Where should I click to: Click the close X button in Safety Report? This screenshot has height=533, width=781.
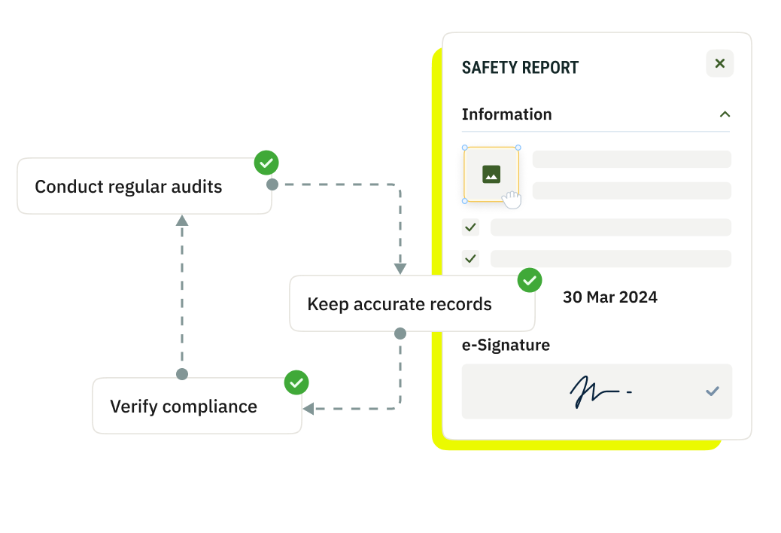719,64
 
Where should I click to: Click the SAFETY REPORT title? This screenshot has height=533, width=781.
520,68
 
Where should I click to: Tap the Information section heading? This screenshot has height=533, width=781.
506,114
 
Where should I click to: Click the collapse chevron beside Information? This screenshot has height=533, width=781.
725,114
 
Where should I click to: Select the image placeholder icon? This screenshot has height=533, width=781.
491,175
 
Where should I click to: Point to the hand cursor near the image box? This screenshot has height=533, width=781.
512,199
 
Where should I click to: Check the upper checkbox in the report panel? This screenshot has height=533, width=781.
471,227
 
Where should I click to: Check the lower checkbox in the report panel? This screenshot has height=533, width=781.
471,259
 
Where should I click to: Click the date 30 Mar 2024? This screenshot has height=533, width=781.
609,297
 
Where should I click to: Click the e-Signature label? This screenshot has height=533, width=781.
506,346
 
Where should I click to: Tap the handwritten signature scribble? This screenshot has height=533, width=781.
594,391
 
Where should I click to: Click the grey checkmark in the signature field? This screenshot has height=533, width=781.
712,391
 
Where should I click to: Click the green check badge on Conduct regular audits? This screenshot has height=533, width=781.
266,163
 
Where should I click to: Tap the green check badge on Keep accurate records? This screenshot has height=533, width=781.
530,281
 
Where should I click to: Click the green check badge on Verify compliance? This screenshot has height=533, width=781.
296,382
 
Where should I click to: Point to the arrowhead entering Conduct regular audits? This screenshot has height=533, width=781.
181,221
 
